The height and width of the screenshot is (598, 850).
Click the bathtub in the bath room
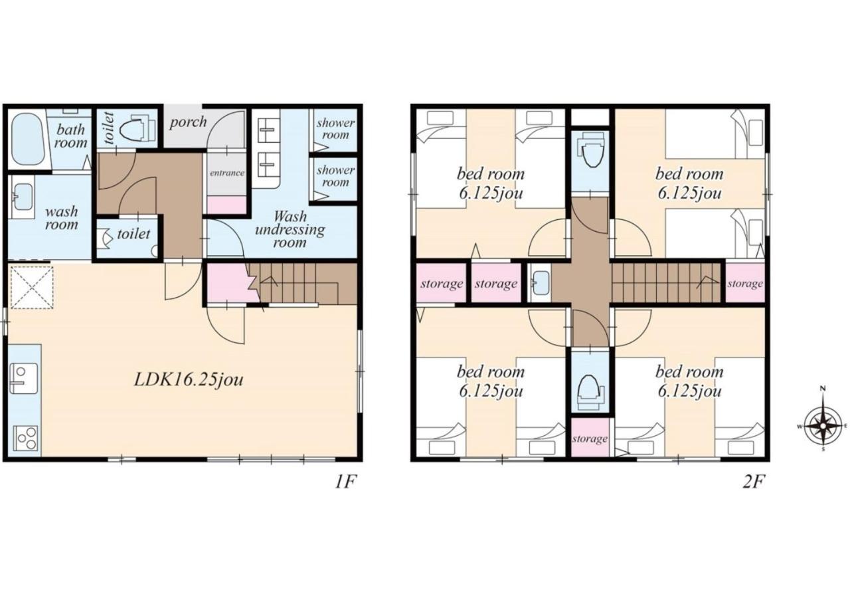(x=29, y=140)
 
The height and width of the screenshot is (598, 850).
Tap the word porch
(x=188, y=122)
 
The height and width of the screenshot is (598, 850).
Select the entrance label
(x=227, y=173)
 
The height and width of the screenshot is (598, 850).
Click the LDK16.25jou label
(x=189, y=379)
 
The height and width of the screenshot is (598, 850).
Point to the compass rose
(x=822, y=426)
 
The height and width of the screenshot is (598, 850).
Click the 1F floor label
(x=346, y=482)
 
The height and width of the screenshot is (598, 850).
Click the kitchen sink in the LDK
(x=23, y=379)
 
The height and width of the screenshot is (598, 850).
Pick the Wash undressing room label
(x=290, y=229)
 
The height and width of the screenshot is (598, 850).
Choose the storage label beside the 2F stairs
(x=745, y=284)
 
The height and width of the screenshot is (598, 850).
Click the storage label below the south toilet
(x=590, y=439)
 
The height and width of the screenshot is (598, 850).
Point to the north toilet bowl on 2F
(x=591, y=151)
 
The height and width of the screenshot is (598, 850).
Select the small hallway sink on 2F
(x=541, y=283)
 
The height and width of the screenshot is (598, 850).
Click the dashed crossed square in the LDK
(x=32, y=288)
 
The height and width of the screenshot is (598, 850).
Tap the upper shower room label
(x=335, y=129)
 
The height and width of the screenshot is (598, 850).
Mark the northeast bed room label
(x=689, y=184)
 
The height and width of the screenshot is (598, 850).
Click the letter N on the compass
(x=823, y=389)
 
